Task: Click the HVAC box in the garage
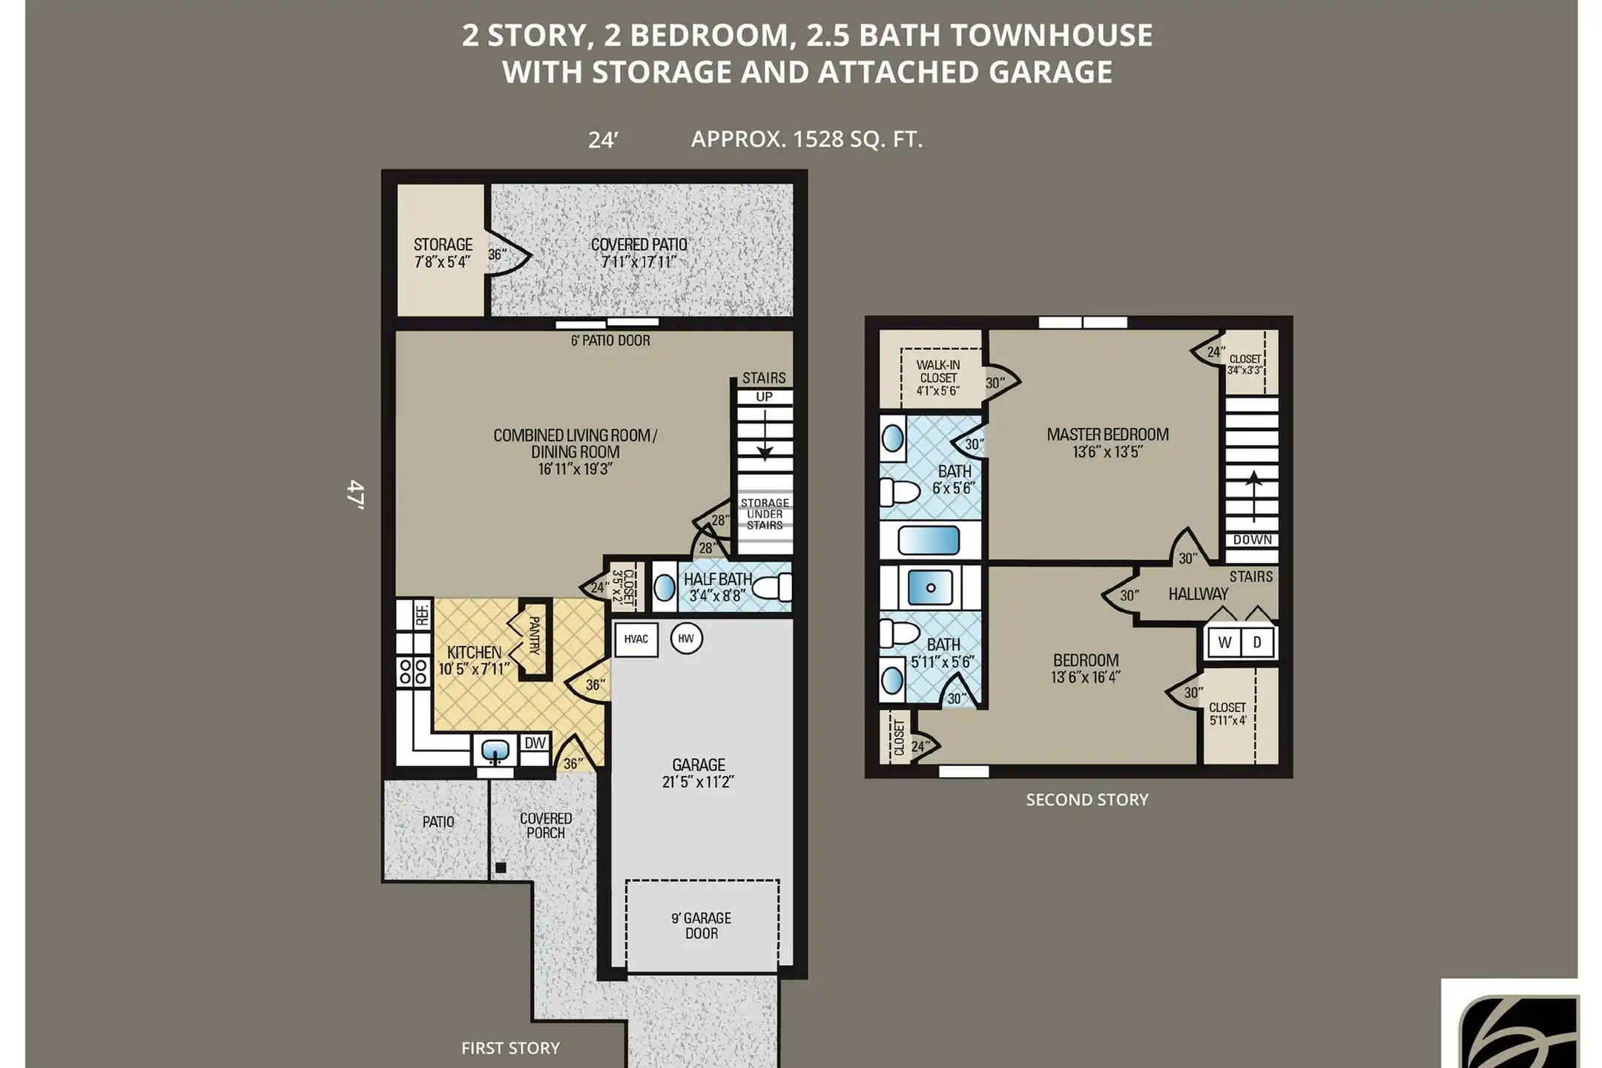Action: (636, 639)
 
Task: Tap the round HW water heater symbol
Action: (686, 639)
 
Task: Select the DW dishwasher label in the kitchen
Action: (535, 742)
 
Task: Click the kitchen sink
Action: (495, 751)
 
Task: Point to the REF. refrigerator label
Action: (422, 614)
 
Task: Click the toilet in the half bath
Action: (772, 588)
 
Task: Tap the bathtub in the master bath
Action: (929, 540)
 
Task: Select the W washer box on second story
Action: (1224, 642)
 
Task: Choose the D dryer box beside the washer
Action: (1257, 642)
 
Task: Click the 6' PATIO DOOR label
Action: (610, 340)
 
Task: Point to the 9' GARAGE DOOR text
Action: (701, 926)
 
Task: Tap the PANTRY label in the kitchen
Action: (534, 635)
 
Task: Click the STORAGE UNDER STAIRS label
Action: (765, 514)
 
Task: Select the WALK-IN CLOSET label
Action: (938, 378)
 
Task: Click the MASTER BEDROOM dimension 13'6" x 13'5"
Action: (1107, 452)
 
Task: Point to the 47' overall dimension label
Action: (356, 494)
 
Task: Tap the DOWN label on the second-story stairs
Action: (1253, 540)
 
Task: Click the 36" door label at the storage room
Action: (498, 254)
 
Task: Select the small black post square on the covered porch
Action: (501, 867)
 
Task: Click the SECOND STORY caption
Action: (1087, 800)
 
